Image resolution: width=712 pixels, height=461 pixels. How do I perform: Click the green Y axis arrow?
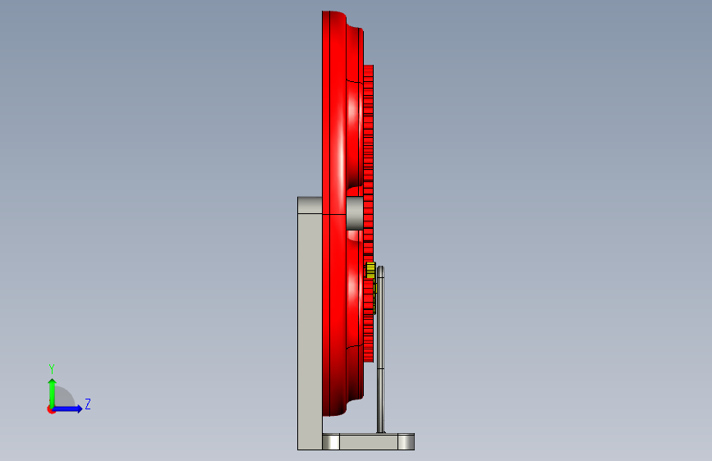pyautogui.click(x=53, y=393)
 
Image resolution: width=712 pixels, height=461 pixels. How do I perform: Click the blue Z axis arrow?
pyautogui.click(x=67, y=409)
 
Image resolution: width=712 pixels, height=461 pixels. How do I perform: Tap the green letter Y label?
pyautogui.click(x=52, y=368)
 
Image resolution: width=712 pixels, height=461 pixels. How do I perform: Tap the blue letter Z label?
pyautogui.click(x=88, y=404)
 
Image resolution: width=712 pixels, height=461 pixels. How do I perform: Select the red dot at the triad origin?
pyautogui.click(x=51, y=409)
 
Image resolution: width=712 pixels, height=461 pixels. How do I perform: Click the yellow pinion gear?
pyautogui.click(x=370, y=270)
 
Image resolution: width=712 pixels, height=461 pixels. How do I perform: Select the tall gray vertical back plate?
pyautogui.click(x=310, y=323)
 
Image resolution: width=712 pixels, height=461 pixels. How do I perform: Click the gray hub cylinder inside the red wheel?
pyautogui.click(x=355, y=212)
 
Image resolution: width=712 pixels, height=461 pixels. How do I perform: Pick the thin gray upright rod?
pyautogui.click(x=380, y=349)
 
